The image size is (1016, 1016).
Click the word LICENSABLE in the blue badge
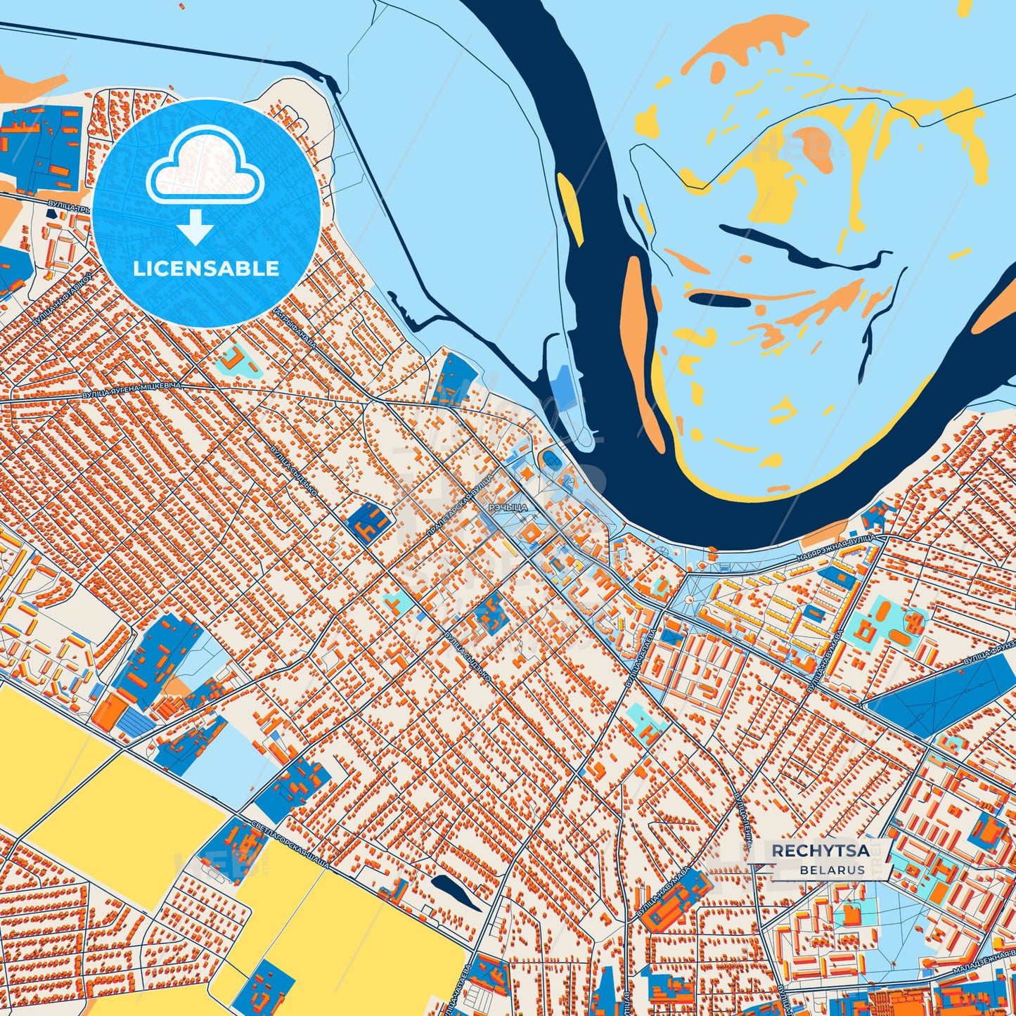tap(206, 269)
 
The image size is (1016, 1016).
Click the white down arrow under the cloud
tap(195, 227)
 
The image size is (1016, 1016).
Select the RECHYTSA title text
tap(821, 851)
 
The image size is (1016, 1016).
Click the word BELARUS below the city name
tap(832, 870)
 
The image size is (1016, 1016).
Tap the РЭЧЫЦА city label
tap(507, 507)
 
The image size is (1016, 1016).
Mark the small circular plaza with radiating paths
tap(690, 599)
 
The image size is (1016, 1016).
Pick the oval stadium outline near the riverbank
tap(549, 461)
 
